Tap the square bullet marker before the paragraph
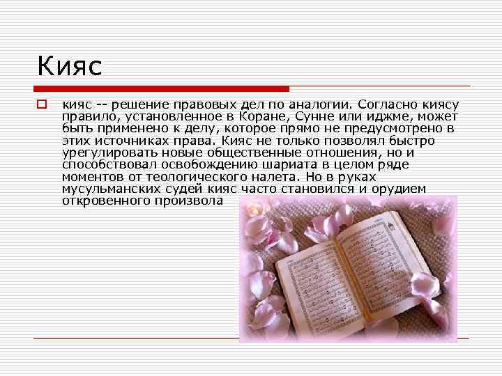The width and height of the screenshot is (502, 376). pos(41,104)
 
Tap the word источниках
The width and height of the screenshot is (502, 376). pos(128,141)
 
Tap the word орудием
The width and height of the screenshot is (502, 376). pos(398,189)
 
